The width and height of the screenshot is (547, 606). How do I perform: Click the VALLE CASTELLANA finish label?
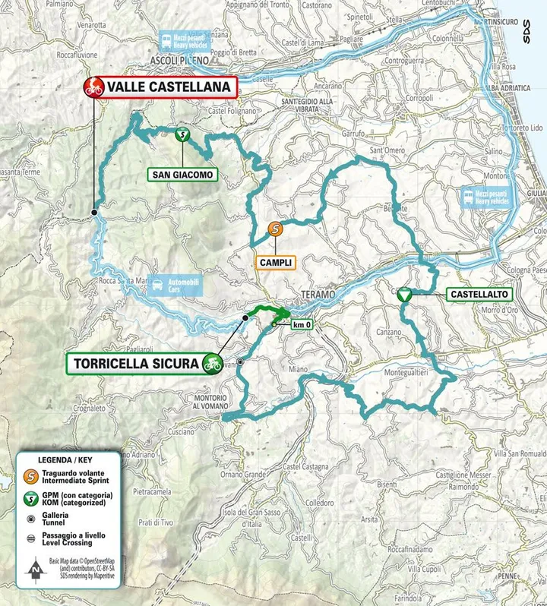168,87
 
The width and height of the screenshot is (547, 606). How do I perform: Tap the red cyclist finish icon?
93,87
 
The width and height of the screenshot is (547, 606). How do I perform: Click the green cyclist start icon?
211,364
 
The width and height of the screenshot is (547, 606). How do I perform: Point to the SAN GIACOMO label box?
182,175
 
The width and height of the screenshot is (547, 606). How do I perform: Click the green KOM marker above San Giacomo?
182,135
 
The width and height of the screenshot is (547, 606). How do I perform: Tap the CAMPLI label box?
274,261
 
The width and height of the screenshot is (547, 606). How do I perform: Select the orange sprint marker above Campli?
274,228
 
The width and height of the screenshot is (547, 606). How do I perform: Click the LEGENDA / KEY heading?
68,460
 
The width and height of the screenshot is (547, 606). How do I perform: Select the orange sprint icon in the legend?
32,477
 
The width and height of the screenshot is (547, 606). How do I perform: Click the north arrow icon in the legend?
33,568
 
